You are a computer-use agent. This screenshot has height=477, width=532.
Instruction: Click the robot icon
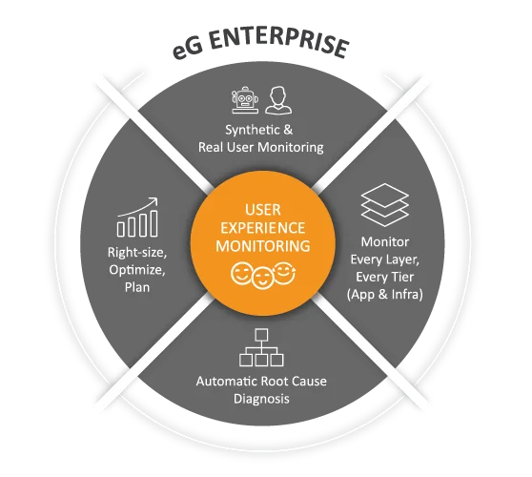coord(245,100)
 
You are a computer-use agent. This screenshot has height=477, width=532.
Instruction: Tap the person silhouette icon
coord(278,100)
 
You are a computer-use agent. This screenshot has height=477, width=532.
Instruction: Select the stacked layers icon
coord(385,205)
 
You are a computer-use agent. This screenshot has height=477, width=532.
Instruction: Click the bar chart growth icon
coord(137,217)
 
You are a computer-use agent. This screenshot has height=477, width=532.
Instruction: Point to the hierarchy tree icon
coord(261,347)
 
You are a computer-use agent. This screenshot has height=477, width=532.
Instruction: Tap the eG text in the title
coord(188,49)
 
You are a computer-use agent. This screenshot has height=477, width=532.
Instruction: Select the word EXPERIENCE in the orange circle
coord(263,228)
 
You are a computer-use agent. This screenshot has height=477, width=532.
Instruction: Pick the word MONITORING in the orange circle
coord(263,246)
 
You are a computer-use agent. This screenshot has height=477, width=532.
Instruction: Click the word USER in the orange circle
coord(263,210)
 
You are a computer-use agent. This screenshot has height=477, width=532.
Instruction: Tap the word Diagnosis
coord(261,399)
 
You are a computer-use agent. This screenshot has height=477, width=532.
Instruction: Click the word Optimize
coord(137,270)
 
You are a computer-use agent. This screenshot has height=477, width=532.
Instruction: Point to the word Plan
coord(137,287)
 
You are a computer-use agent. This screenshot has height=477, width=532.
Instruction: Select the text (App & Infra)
coord(385,294)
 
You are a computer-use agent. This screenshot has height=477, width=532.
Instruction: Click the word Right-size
coord(137,253)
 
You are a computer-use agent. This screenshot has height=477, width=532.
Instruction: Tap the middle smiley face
coord(262,278)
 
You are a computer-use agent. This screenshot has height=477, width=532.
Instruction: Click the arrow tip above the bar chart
coord(157,198)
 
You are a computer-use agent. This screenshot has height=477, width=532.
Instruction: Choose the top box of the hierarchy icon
coord(261,335)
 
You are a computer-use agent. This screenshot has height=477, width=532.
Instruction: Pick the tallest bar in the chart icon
coord(153,223)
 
